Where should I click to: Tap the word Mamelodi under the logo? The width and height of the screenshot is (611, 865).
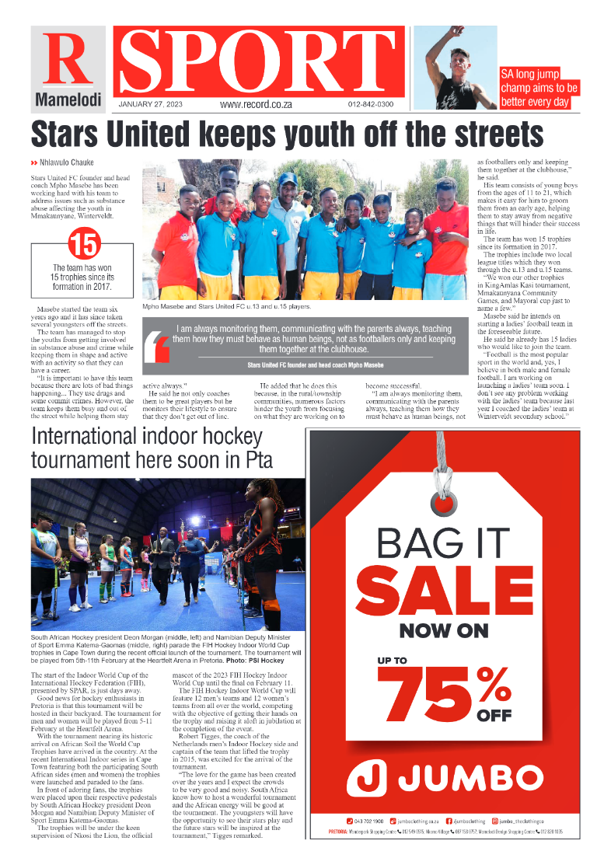coord(68,100)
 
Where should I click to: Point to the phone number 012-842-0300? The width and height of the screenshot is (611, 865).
coord(370,104)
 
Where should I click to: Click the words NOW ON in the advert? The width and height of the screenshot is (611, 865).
coord(444,629)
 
